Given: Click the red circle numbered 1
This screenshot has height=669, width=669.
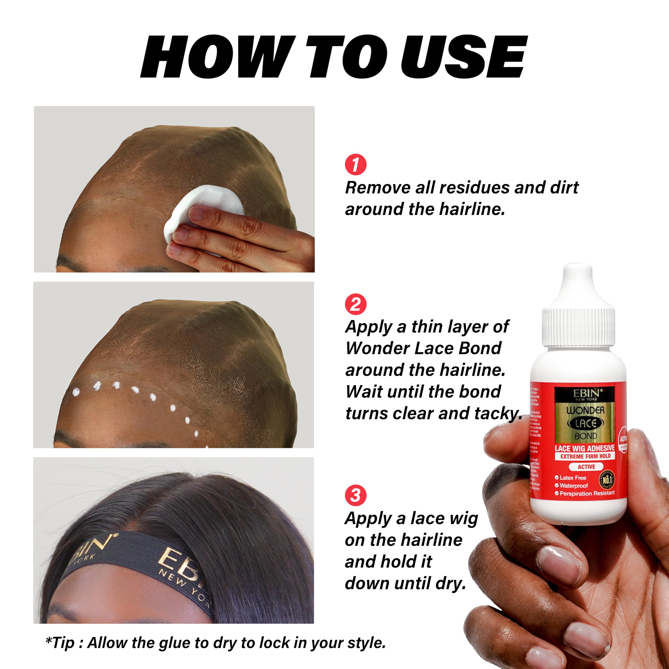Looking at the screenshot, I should click(356, 165).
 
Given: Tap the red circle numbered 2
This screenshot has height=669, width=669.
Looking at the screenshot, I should click(356, 304).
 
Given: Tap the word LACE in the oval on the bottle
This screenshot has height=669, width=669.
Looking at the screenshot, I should click(586, 423).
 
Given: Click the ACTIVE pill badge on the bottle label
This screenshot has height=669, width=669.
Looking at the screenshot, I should click(586, 467).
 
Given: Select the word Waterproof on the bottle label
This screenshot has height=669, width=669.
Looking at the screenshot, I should click(573, 486).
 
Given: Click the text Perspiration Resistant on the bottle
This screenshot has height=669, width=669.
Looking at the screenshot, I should click(587, 493).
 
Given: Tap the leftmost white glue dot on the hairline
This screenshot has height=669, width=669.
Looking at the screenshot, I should click(75, 392).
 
